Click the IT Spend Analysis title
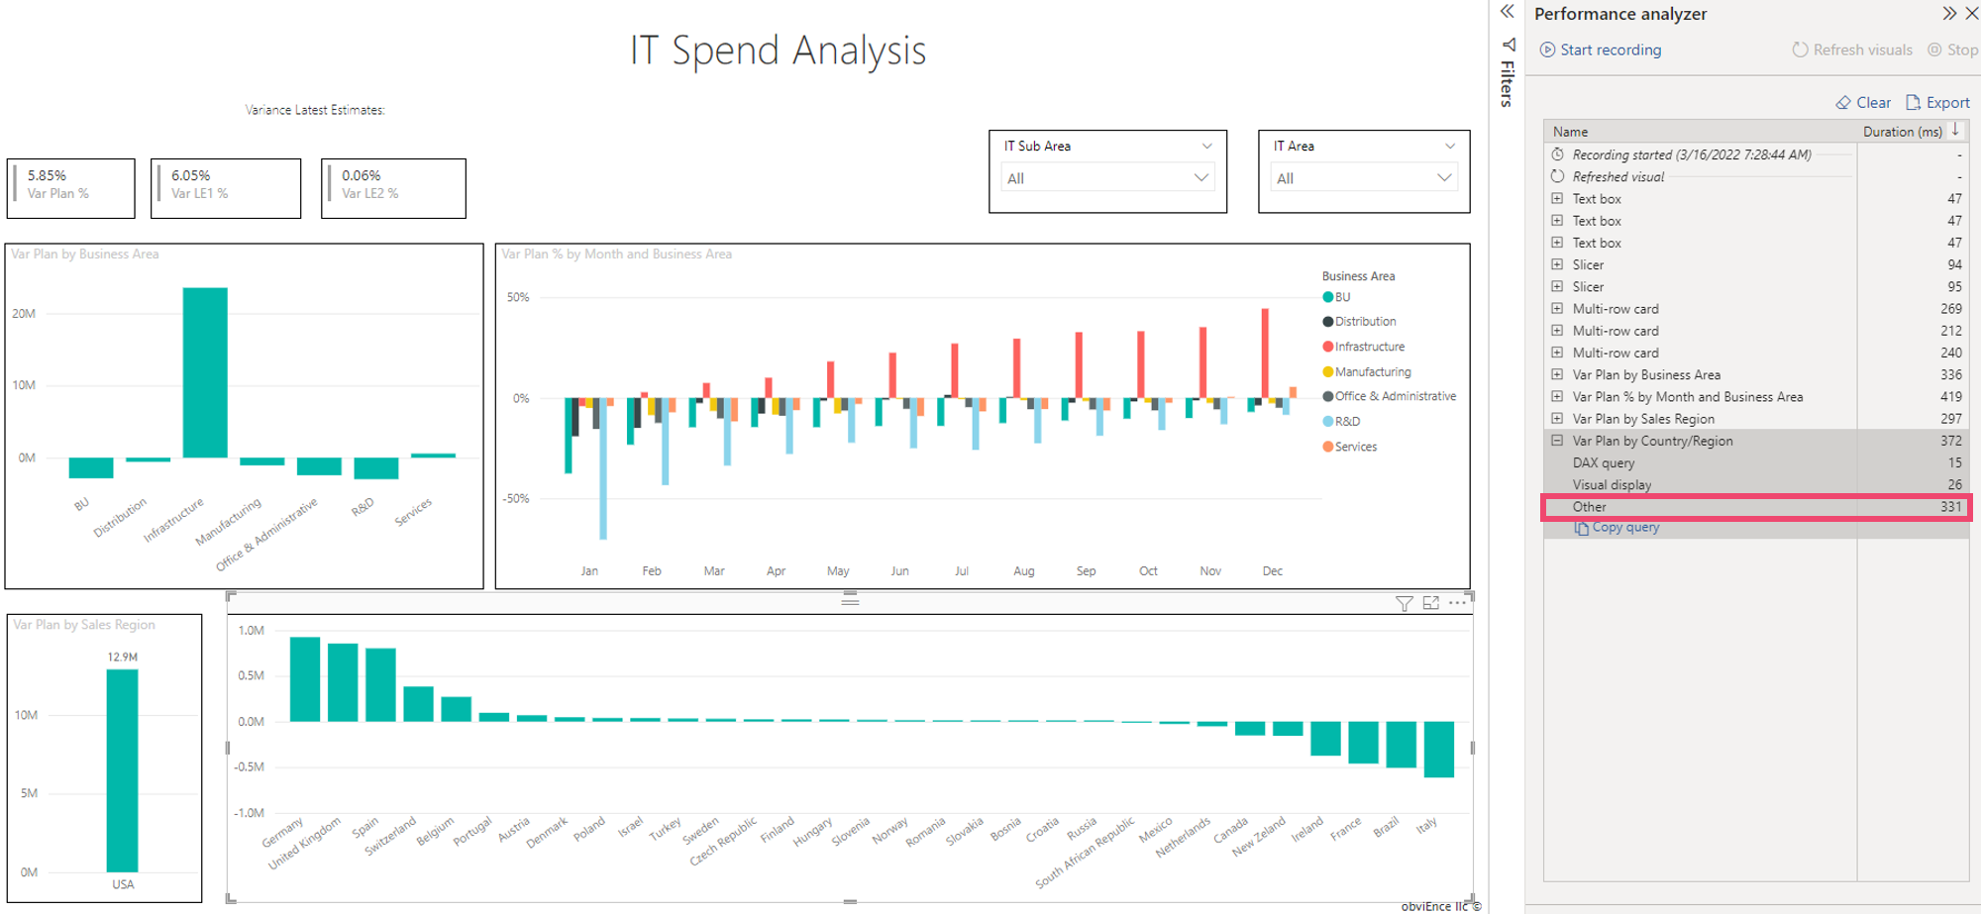(779, 51)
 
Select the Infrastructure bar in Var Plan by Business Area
(205, 372)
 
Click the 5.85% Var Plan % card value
(47, 175)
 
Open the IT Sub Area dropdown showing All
(1107, 178)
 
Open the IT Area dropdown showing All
(1363, 178)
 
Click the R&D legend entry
(1346, 422)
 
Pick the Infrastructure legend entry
(1369, 347)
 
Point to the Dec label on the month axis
(1273, 571)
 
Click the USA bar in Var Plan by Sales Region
(123, 770)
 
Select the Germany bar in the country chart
(305, 679)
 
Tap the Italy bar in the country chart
(1438, 749)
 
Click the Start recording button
(1601, 50)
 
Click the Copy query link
(1624, 528)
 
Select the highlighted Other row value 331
(1950, 507)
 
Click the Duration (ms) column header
(1902, 132)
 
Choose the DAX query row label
(1604, 462)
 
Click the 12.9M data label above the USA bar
(123, 658)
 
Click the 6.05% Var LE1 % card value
(191, 175)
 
